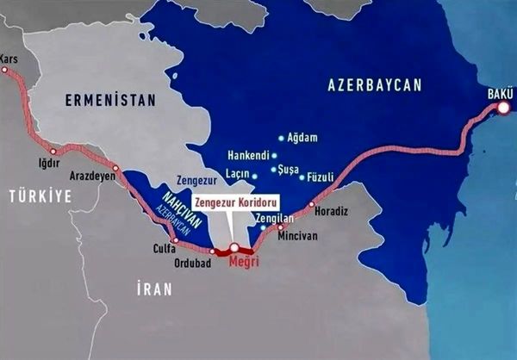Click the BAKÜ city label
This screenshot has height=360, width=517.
[499, 92]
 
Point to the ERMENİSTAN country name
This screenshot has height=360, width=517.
[109, 101]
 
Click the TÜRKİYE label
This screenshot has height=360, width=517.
[40, 196]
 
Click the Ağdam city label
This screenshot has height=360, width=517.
[302, 138]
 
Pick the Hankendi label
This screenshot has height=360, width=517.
[247, 156]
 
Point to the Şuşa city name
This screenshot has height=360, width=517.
[290, 170]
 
